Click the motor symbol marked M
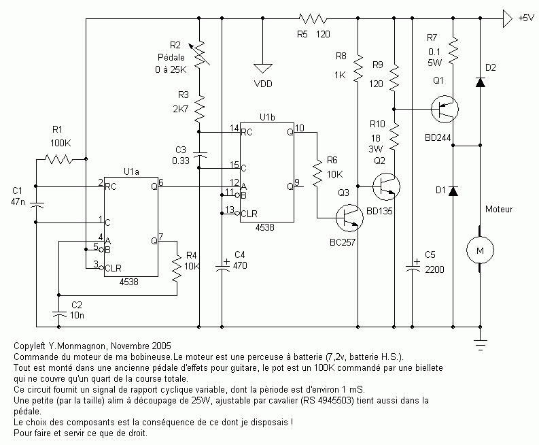point(480,250)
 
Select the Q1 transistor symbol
point(445,109)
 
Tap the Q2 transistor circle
point(386,186)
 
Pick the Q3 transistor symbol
point(349,218)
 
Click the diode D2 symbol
point(481,82)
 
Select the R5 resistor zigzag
point(313,18)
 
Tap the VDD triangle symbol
point(262,68)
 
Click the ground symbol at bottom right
point(481,345)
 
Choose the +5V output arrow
point(508,18)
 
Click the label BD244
point(438,138)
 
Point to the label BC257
point(343,242)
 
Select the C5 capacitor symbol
point(413,265)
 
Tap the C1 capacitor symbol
point(36,205)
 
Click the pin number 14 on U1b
point(234,128)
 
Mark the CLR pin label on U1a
point(113,268)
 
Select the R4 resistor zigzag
point(177,269)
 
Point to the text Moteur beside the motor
point(499,210)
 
